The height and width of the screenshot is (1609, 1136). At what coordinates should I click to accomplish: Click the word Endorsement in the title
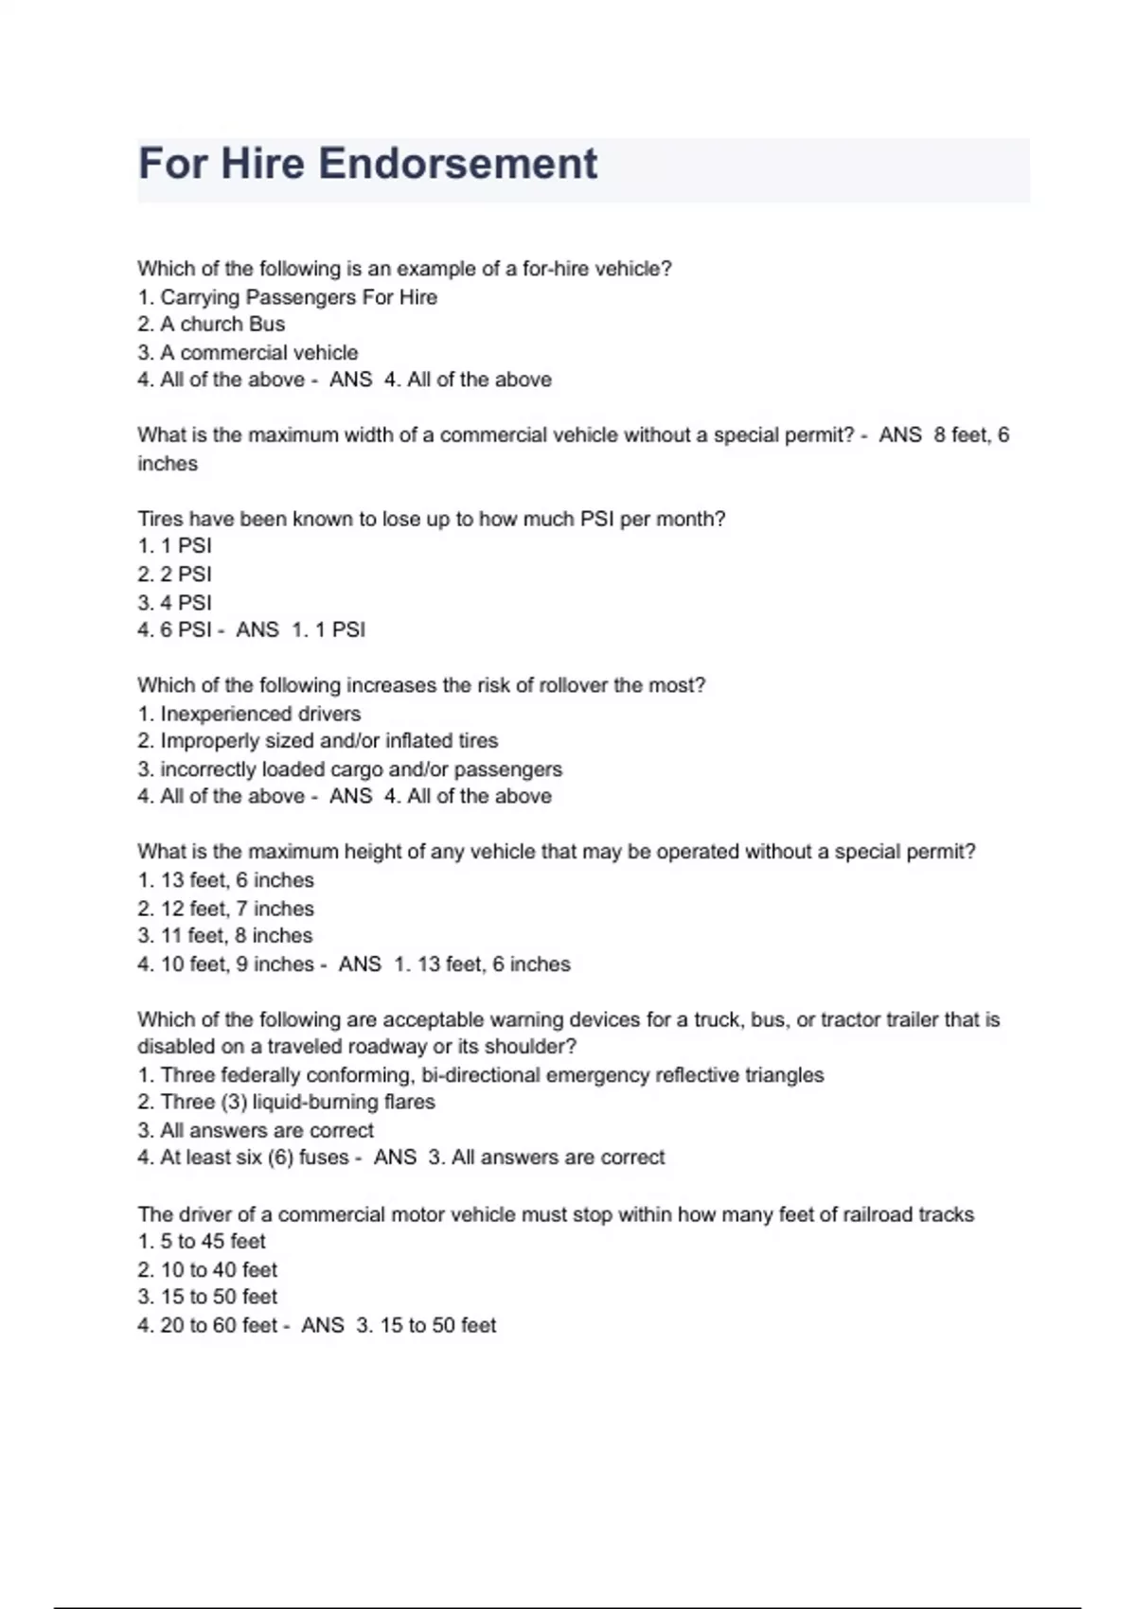click(x=457, y=164)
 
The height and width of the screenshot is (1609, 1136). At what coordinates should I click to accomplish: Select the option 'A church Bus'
click(x=222, y=325)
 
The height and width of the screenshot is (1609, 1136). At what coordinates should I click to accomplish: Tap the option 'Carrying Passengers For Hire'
click(x=298, y=297)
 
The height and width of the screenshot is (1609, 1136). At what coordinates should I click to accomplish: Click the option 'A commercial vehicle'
click(x=258, y=353)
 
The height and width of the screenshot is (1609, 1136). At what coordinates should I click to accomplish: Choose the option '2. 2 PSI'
click(x=174, y=575)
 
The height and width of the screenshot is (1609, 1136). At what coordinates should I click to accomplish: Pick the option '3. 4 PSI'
click(x=174, y=603)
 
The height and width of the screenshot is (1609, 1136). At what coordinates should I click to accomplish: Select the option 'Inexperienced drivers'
click(x=260, y=714)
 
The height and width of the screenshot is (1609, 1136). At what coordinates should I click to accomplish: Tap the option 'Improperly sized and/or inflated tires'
click(x=328, y=741)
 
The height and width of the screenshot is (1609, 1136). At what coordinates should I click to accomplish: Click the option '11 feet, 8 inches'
click(x=236, y=936)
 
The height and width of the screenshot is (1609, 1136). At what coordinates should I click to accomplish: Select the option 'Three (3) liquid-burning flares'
click(x=297, y=1103)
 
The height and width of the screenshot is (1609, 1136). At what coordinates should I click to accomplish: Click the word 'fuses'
click(x=324, y=1158)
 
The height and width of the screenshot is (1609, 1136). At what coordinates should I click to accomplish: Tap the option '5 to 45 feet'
click(x=212, y=1242)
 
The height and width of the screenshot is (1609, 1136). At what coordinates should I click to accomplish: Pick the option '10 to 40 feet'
click(x=219, y=1270)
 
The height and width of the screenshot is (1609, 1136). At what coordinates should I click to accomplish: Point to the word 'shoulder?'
click(x=530, y=1047)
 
